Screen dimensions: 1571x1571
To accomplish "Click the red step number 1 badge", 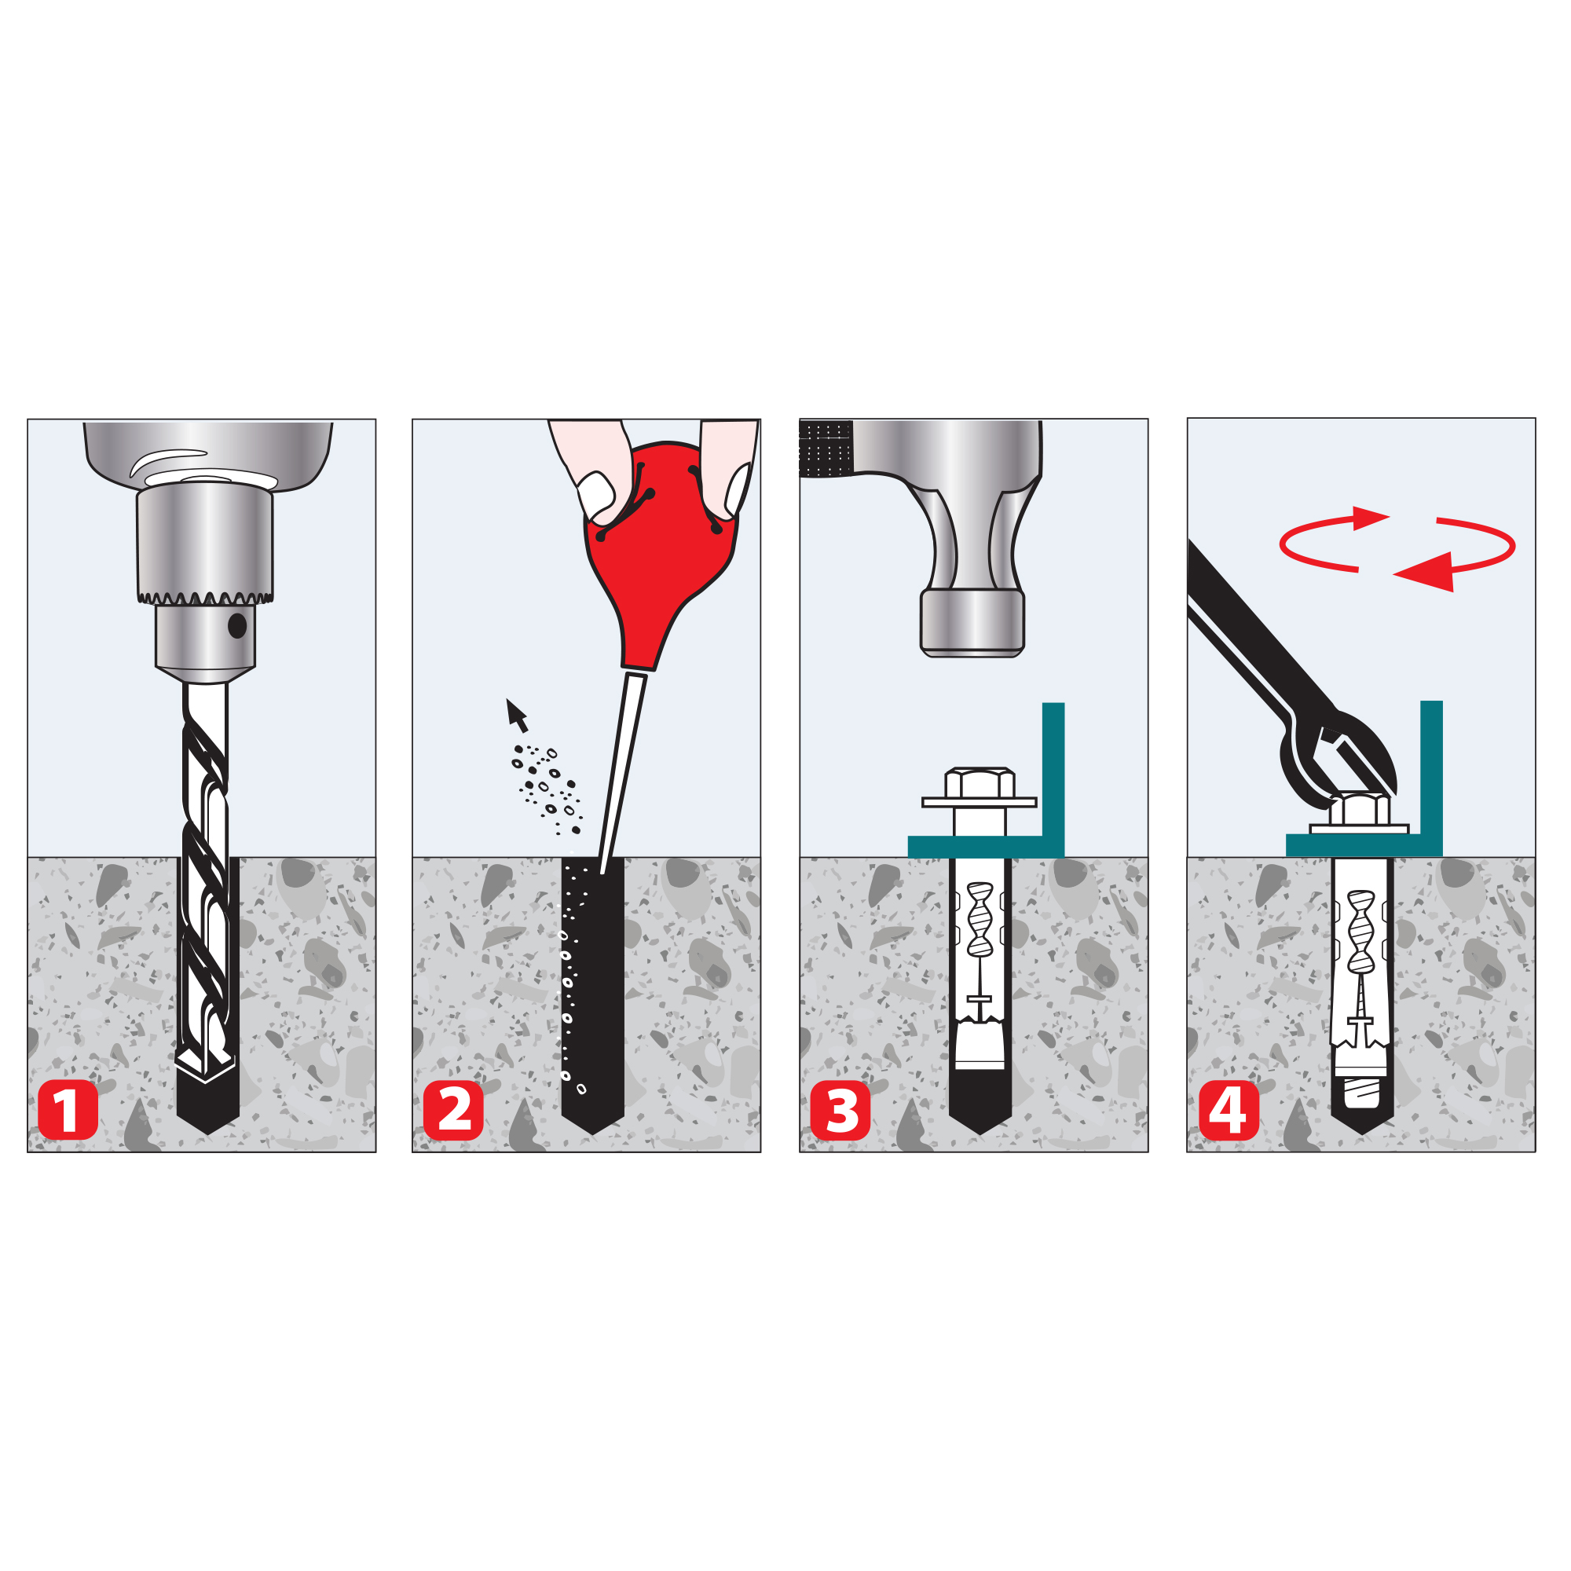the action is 68,1111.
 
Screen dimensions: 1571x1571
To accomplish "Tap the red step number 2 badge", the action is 454,1111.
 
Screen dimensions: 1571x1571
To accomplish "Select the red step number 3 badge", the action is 840,1111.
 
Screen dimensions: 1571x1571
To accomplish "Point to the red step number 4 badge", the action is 1229,1111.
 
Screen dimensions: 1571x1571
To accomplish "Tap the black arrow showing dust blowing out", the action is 516,716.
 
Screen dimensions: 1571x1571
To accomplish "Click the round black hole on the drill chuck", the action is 237,625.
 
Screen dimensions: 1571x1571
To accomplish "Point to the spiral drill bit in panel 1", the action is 206,882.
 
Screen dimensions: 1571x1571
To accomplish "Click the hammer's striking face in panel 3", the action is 972,652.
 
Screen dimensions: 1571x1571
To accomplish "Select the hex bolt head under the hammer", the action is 980,783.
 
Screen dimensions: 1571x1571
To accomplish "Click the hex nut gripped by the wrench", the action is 1360,808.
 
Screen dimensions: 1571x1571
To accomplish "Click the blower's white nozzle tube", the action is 623,773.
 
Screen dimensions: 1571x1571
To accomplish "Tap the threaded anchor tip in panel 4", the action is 1362,1093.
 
